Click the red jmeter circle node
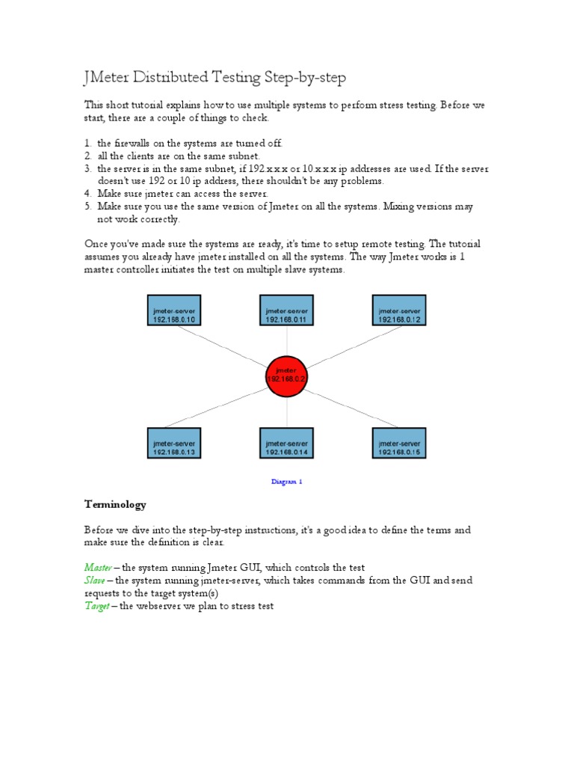coord(287,376)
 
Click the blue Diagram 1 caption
coord(287,482)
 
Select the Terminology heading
coord(115,505)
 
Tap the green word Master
coord(97,568)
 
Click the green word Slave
coord(94,580)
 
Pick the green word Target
coord(96,606)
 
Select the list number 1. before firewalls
coord(87,143)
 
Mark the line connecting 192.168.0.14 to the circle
coord(287,413)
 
